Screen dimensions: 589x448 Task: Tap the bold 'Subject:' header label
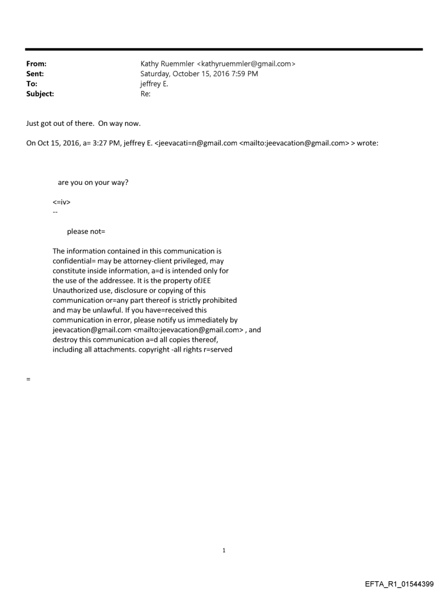click(40, 94)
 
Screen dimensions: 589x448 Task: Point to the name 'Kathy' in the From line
click(150, 64)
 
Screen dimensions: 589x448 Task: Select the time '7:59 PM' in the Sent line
click(244, 74)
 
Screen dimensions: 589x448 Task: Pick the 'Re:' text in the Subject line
click(145, 94)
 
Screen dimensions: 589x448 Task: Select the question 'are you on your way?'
click(93, 182)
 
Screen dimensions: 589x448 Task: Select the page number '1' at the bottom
click(224, 550)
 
